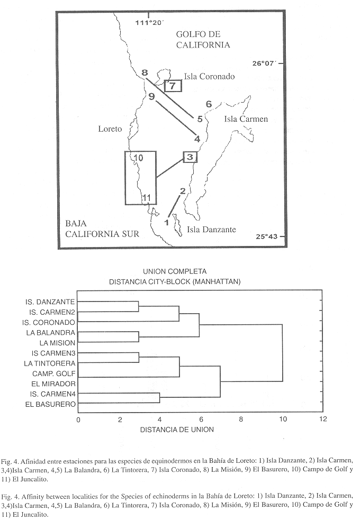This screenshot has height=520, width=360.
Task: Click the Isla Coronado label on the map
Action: (x=209, y=76)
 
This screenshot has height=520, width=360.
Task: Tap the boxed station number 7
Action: (x=173, y=86)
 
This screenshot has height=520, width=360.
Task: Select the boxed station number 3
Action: (x=190, y=157)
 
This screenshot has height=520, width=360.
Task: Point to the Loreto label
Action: (x=110, y=129)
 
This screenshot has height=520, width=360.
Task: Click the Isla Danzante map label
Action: (x=211, y=229)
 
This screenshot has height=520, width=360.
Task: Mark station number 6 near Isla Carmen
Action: (x=209, y=104)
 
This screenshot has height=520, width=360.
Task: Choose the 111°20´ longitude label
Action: (x=150, y=23)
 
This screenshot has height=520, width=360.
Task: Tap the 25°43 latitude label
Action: (x=266, y=236)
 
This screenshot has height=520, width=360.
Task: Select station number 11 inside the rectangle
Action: (x=147, y=198)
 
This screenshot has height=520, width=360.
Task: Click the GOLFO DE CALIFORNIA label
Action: (x=203, y=40)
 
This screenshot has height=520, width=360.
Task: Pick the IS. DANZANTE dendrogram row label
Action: (x=50, y=302)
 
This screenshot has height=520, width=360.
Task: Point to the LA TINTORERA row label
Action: (x=50, y=363)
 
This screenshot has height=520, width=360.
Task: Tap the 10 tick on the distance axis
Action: (x=283, y=419)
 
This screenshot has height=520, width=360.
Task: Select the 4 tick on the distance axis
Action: (x=160, y=419)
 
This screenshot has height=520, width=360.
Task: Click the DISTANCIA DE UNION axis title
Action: (x=177, y=430)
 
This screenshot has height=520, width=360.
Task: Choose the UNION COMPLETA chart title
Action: (x=175, y=271)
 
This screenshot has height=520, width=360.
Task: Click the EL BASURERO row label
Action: (x=50, y=404)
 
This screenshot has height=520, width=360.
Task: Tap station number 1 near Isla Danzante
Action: (x=167, y=222)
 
